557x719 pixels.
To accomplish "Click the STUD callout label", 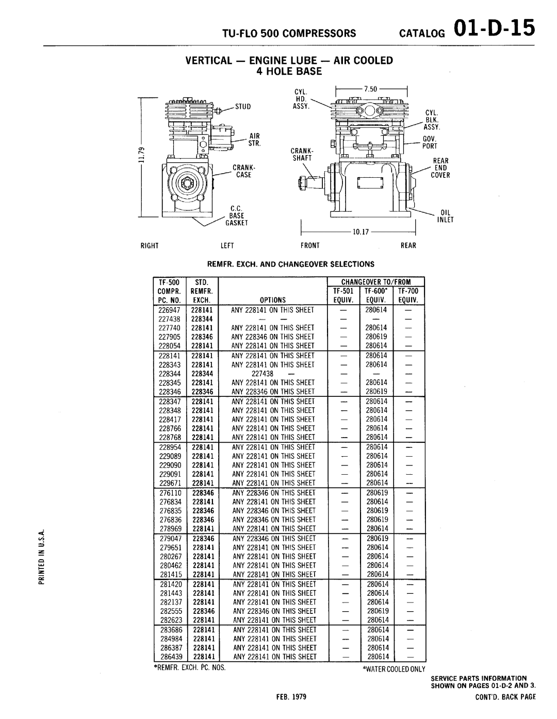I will tap(243, 108).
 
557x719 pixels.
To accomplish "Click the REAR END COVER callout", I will tap(440, 168).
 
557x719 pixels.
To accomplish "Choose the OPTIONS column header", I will tap(272, 299).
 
